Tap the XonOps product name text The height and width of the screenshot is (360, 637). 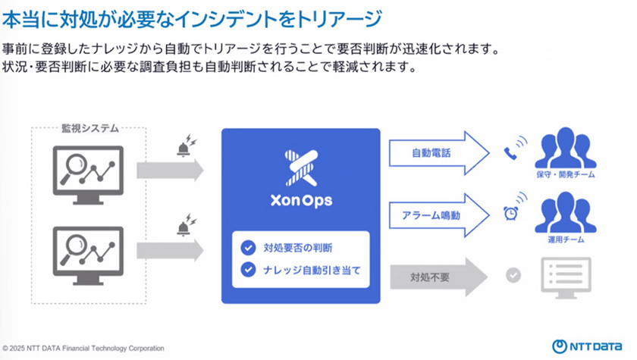(x=301, y=202)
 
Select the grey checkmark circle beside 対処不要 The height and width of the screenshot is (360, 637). (x=513, y=274)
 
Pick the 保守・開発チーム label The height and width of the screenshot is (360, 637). (x=566, y=175)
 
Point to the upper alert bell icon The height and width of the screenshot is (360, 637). (x=184, y=147)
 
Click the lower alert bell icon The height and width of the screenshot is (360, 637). (x=184, y=226)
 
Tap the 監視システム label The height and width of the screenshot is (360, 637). (x=89, y=128)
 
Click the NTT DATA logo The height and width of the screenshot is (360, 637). (x=589, y=346)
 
